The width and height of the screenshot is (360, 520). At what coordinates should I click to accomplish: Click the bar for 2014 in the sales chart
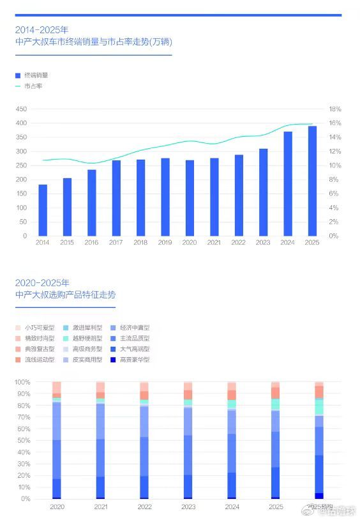pyautogui.click(x=43, y=210)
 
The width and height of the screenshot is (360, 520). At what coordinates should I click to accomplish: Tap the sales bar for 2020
pyautogui.click(x=190, y=198)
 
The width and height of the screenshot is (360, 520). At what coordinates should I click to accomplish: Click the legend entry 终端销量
pyautogui.click(x=36, y=75)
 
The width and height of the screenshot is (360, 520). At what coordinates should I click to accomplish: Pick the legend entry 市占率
pyautogui.click(x=33, y=85)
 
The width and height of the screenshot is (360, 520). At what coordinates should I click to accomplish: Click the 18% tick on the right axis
pyautogui.click(x=335, y=109)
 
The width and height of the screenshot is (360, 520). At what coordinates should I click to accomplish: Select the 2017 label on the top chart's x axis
pyautogui.click(x=116, y=243)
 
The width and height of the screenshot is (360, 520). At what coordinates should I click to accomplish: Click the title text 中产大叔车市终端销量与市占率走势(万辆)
pyautogui.click(x=93, y=42)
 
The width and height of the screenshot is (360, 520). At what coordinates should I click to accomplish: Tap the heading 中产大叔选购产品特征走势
pyautogui.click(x=66, y=295)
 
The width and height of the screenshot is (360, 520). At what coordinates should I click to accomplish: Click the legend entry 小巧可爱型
pyautogui.click(x=40, y=328)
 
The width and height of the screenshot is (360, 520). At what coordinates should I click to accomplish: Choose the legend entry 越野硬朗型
pyautogui.click(x=87, y=339)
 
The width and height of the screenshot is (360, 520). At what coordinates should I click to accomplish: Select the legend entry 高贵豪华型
pyautogui.click(x=135, y=360)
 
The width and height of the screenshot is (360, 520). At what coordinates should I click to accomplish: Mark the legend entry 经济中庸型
pyautogui.click(x=135, y=328)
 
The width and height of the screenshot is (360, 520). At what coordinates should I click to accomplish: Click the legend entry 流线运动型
pyautogui.click(x=40, y=360)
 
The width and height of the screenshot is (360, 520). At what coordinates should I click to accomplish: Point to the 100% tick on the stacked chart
pyautogui.click(x=22, y=382)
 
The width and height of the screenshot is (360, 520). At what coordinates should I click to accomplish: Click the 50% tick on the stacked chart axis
pyautogui.click(x=24, y=440)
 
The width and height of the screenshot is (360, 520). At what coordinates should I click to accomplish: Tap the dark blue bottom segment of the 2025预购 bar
pyautogui.click(x=319, y=496)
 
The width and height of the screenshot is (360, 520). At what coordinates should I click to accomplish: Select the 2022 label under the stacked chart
pyautogui.click(x=144, y=506)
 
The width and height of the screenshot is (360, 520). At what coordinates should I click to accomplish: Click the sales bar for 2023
pyautogui.click(x=264, y=192)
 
